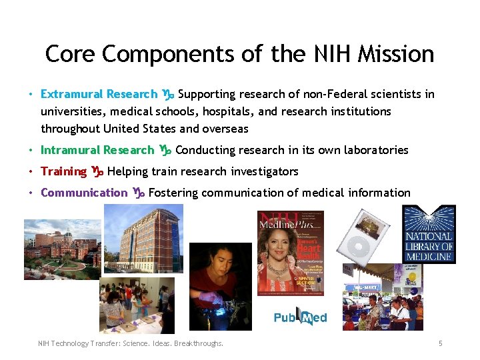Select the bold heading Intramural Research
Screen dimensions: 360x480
point(97,150)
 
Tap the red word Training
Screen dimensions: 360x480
point(63,171)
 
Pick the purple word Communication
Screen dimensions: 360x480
point(83,193)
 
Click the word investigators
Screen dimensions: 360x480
point(265,171)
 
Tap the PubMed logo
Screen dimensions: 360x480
point(300,317)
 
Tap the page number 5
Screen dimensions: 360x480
point(440,343)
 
